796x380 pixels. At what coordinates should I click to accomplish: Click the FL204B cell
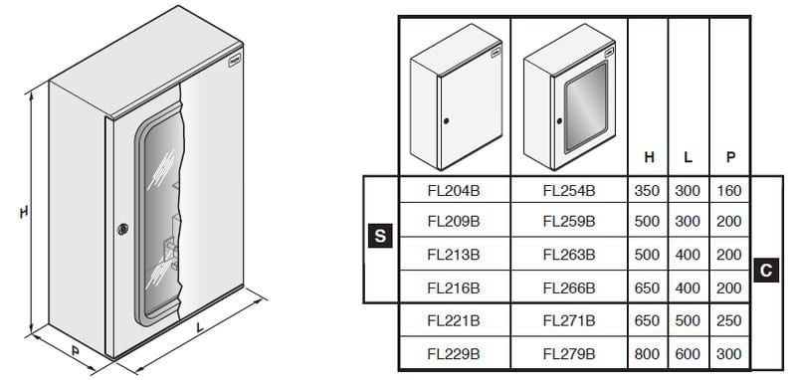454,191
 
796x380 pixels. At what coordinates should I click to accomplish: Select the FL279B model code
568,353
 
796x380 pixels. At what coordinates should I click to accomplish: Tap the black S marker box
380,236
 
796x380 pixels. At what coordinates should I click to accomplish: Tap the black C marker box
766,271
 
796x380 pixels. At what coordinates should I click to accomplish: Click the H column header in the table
649,158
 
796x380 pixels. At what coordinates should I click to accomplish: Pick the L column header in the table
688,158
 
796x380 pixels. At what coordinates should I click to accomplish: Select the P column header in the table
730,158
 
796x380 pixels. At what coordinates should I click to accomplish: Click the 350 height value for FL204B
648,191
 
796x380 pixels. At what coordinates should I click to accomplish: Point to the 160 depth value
729,191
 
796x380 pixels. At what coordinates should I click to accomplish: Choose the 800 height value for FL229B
648,353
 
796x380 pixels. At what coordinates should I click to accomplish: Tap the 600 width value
688,353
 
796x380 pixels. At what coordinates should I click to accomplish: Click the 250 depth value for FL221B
729,320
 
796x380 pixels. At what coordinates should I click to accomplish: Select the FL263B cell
568,255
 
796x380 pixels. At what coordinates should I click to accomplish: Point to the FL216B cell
454,287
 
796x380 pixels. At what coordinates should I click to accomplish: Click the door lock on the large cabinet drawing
122,229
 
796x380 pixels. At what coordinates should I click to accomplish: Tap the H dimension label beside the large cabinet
24,212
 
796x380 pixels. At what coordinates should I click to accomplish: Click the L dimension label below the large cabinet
201,327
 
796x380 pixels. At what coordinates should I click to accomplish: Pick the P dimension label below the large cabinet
76,350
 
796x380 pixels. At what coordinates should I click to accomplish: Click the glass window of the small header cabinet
586,106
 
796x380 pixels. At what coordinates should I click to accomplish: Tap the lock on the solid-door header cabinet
446,121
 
